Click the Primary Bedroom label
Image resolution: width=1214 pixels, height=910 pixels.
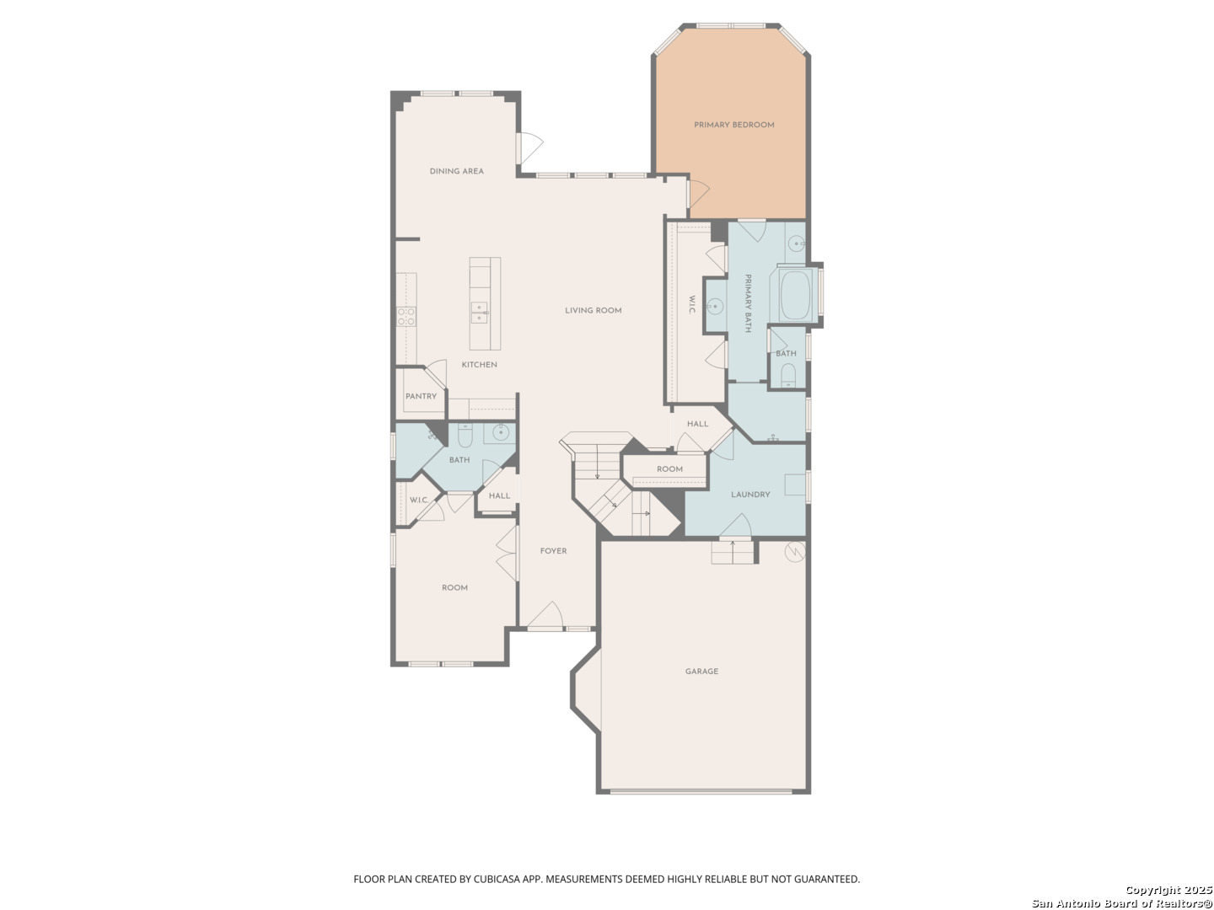pos(733,125)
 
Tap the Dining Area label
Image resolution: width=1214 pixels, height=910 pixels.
pos(456,171)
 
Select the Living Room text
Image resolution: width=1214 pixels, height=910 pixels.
pos(593,311)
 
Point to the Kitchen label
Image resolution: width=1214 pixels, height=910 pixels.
pos(479,365)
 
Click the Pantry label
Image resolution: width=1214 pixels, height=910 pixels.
pos(421,396)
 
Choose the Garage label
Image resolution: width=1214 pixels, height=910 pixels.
pos(701,672)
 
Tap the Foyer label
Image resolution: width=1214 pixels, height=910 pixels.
pos(553,551)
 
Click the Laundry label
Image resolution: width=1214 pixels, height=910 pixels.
pos(750,495)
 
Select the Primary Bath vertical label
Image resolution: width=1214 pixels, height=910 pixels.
pos(748,303)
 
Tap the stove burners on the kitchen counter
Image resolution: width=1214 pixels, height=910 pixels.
pos(406,317)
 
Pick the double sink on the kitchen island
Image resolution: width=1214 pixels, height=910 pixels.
pos(480,313)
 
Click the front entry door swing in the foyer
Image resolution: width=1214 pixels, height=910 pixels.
pos(545,615)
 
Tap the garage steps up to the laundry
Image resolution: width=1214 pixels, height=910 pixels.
pos(733,552)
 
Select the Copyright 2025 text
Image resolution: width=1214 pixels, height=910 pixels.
pos(1168,890)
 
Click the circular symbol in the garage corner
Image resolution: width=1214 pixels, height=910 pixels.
pos(795,551)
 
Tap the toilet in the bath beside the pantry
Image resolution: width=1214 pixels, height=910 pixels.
pos(465,436)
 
